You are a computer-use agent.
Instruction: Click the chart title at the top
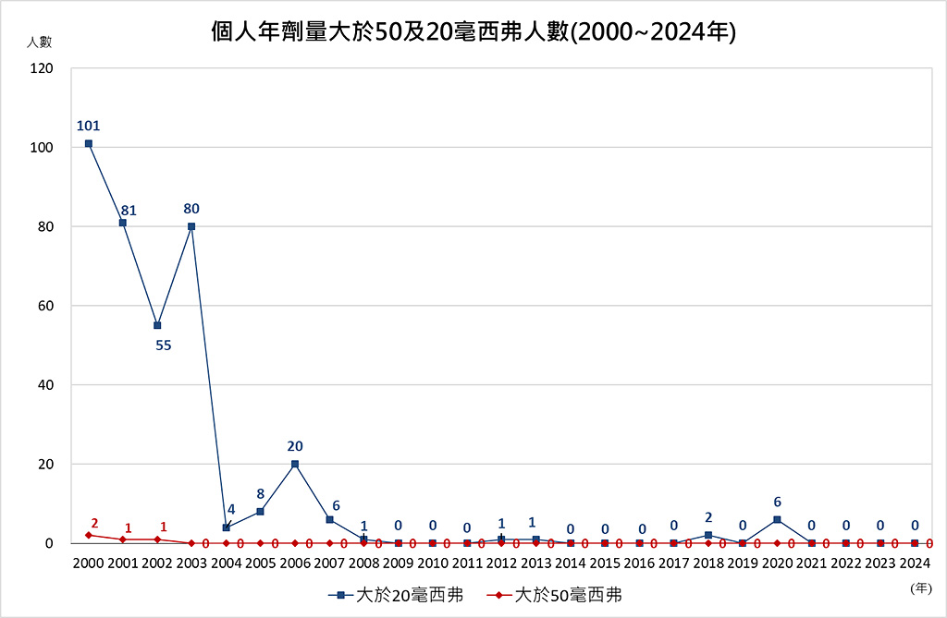[x=473, y=32]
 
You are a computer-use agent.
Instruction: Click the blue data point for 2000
[x=89, y=143]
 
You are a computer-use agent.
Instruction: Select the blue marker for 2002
[x=157, y=325]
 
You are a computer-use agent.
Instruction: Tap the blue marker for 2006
[x=295, y=464]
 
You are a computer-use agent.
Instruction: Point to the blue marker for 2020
[x=777, y=519]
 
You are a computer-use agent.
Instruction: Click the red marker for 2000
[x=89, y=535]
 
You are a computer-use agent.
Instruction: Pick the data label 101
[x=89, y=126]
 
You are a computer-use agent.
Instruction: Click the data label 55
[x=163, y=345]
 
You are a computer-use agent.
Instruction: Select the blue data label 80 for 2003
[x=191, y=208]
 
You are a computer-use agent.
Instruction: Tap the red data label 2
[x=94, y=523]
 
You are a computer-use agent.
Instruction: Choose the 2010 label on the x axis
[x=433, y=563]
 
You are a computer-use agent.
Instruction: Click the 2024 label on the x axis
[x=915, y=563]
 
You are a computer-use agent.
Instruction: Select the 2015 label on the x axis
[x=605, y=563]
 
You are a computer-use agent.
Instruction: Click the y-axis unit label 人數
[x=39, y=42]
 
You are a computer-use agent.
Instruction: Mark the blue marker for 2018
[x=708, y=535]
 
